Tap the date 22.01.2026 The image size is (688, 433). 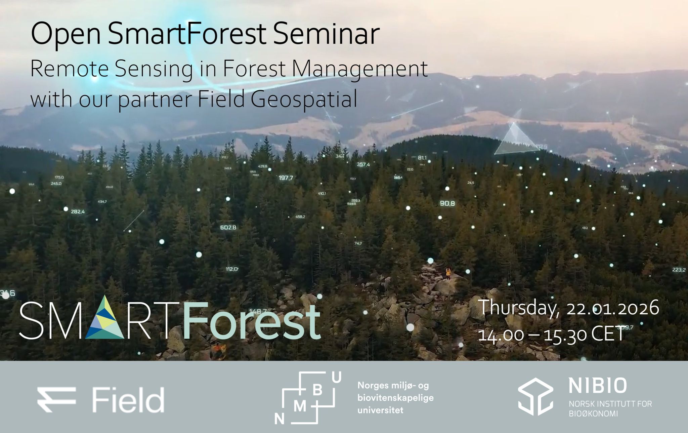613,308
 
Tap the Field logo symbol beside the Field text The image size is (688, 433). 56,399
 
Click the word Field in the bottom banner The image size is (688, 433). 128,400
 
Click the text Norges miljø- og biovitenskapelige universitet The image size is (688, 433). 395,398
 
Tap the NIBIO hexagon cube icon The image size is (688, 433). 535,396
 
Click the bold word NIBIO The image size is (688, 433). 597,386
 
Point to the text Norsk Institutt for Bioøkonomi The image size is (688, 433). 610,409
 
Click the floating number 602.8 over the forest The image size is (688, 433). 228,228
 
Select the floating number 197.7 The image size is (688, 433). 286,178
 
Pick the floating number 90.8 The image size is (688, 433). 447,203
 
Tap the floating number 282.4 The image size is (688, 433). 78,212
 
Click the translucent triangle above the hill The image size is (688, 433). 514,141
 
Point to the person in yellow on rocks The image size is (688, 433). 448,273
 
